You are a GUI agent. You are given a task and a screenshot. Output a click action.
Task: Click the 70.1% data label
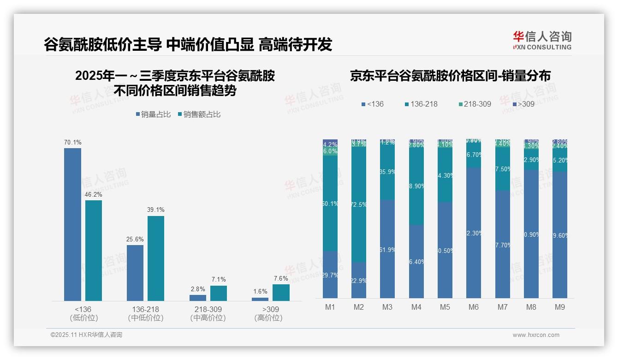(x=72, y=143)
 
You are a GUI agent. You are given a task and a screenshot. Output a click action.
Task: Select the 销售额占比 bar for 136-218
(x=156, y=258)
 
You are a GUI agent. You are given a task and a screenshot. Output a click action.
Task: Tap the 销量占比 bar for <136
(x=72, y=224)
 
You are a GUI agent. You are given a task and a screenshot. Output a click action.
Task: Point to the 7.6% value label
(x=280, y=279)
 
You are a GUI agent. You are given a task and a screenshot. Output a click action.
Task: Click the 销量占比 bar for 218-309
(x=198, y=298)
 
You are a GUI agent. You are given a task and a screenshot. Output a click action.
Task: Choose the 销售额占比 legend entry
(x=199, y=114)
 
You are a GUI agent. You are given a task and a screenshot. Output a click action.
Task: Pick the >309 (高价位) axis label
(x=268, y=313)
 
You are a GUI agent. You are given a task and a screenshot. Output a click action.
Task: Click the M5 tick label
(x=445, y=307)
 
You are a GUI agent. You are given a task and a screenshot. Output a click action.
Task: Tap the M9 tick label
(x=559, y=307)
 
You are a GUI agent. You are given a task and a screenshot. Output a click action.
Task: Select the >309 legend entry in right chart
(x=523, y=104)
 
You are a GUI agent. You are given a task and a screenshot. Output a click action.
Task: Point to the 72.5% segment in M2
(x=359, y=204)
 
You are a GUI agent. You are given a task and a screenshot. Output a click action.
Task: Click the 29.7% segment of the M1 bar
(x=330, y=275)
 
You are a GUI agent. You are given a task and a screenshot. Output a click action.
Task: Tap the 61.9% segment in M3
(x=387, y=249)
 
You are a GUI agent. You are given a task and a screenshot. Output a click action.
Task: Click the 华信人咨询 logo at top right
(x=542, y=40)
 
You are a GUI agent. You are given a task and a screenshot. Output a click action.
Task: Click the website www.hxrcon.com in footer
(x=536, y=335)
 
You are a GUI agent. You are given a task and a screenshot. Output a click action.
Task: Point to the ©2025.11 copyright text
(x=86, y=335)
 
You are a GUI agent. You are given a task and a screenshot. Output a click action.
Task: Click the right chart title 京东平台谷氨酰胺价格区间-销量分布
(x=450, y=76)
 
